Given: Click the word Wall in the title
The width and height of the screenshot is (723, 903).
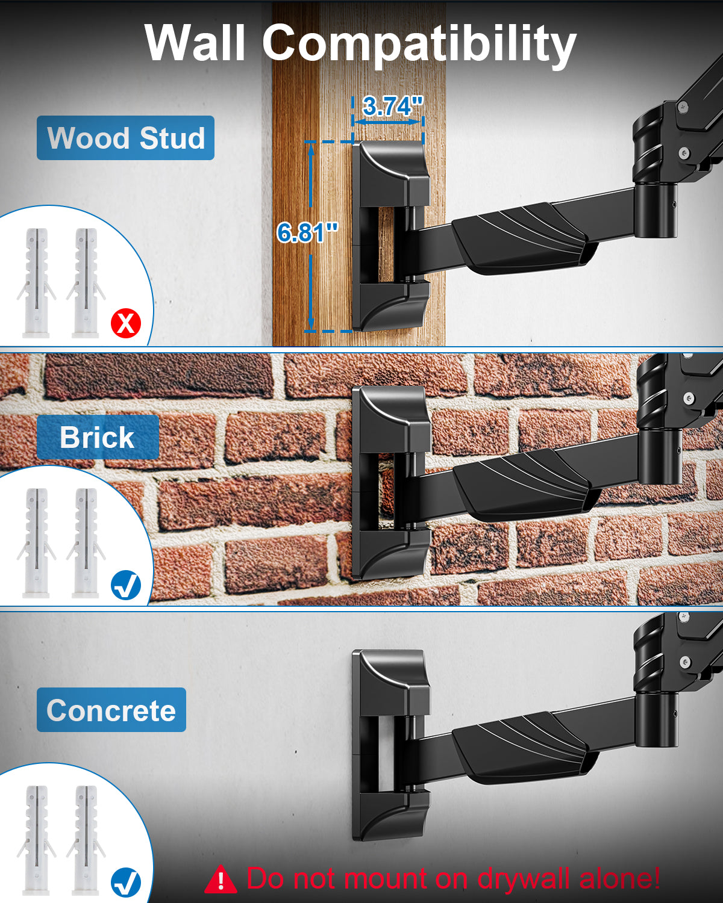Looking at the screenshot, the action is coord(195,42).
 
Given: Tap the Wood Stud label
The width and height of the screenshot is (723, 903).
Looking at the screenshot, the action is coord(125,138).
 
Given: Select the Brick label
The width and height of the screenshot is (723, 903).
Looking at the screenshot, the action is coord(98,437).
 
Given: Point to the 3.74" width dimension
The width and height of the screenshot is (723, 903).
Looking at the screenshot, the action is coord(392,106).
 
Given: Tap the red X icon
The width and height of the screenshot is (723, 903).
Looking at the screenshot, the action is coord(125,323).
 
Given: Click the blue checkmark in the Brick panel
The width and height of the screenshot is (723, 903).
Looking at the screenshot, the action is coord(125,585).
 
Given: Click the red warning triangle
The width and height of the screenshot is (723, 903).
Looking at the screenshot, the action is coord(221,879).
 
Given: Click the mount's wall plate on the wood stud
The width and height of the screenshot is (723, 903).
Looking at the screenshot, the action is coord(390,236).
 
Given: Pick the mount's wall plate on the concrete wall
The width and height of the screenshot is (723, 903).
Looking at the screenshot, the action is coord(391,745).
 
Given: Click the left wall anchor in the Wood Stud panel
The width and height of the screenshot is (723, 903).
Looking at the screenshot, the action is coord(37,283).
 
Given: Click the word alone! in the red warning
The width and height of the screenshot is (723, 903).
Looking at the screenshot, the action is coord(619,878).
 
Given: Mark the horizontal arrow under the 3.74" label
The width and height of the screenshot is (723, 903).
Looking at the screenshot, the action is coord(387,122).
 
